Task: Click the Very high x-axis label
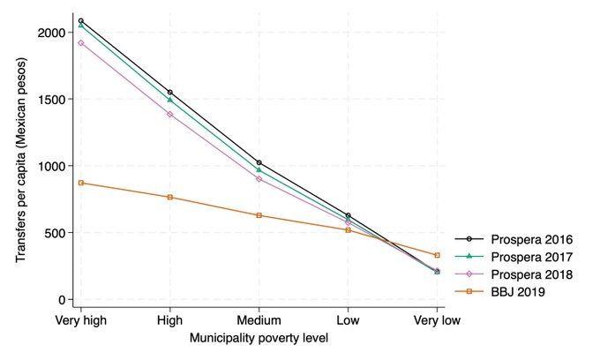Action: click(81, 320)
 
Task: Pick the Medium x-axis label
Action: click(259, 320)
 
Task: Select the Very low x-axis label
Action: click(437, 320)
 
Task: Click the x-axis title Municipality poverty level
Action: click(259, 339)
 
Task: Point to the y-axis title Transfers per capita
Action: click(20, 167)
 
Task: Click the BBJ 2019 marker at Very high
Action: click(81, 183)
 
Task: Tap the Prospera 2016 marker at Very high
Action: click(81, 21)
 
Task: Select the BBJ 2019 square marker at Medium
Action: click(259, 215)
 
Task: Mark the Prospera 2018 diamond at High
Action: click(169, 114)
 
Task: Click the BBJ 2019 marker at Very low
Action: click(437, 255)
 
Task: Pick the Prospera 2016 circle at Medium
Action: click(259, 163)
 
